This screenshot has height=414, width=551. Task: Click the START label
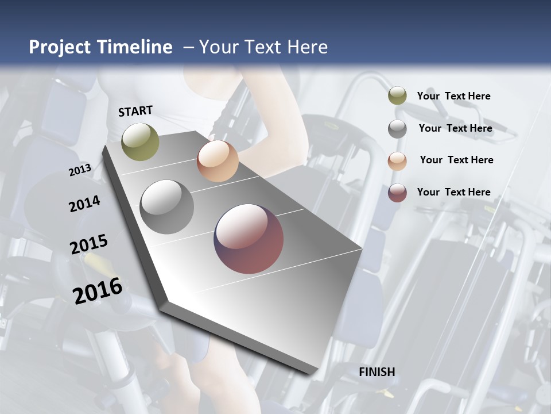[x=135, y=111]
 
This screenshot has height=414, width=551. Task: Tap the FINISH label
[x=377, y=372]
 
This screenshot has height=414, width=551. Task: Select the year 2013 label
[x=80, y=170]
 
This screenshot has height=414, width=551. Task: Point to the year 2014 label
[x=84, y=204]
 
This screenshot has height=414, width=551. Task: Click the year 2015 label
[x=89, y=244]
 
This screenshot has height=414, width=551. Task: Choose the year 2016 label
[x=98, y=290]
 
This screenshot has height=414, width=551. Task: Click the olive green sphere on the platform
[x=140, y=141]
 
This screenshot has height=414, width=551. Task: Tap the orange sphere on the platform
[x=218, y=161]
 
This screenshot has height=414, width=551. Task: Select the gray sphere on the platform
[x=167, y=207]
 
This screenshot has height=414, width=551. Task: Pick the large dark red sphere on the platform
[x=249, y=239]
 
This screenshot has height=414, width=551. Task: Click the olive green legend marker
[x=397, y=96]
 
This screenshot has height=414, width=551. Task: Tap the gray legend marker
[x=397, y=129]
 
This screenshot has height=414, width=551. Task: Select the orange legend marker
[x=397, y=161]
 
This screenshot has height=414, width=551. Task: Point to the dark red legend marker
[x=397, y=193]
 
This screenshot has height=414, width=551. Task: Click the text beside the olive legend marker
[x=453, y=96]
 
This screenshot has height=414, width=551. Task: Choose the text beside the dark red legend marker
[x=453, y=192]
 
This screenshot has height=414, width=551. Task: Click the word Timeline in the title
[x=135, y=47]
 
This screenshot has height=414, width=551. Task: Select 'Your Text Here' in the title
[x=263, y=47]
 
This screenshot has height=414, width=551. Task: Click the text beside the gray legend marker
[x=455, y=128]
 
